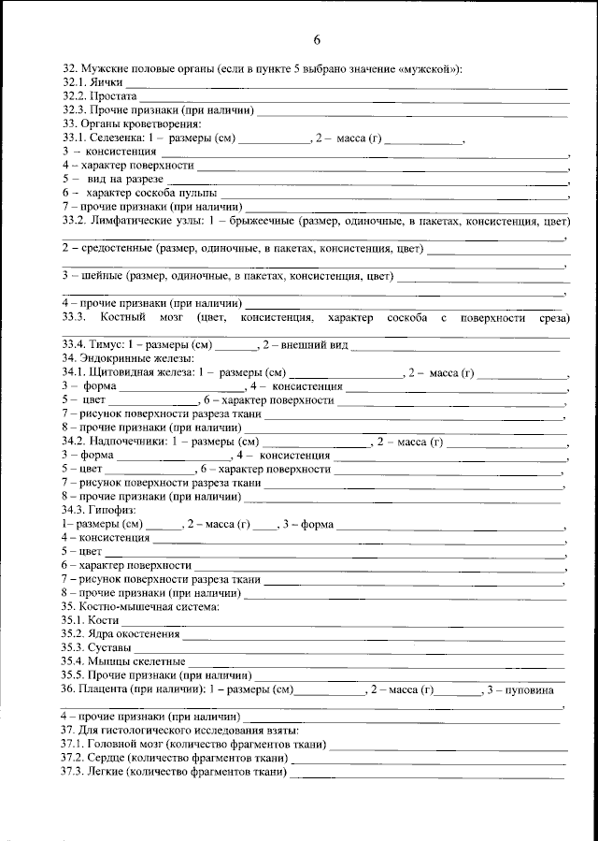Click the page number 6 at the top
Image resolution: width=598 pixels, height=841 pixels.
pos(317,39)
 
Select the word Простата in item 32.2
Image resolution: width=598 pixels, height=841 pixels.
pos(114,96)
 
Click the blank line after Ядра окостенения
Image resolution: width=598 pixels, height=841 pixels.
pos(374,637)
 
